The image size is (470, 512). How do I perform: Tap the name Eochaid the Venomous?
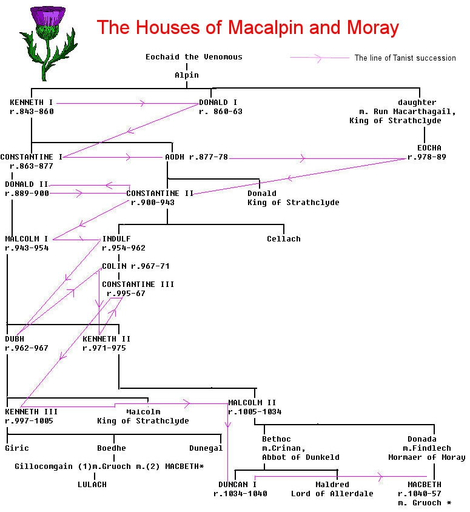click(193, 57)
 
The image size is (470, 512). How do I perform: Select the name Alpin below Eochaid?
click(186, 75)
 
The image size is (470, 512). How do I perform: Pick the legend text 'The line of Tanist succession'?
click(405, 58)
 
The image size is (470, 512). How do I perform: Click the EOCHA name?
click(429, 148)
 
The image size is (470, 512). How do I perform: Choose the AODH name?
click(175, 157)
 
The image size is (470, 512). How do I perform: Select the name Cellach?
click(283, 239)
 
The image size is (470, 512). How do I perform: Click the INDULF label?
click(116, 239)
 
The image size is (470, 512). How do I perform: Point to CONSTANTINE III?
click(138, 285)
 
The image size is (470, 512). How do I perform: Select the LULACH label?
click(92, 485)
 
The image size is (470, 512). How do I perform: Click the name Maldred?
click(332, 485)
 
